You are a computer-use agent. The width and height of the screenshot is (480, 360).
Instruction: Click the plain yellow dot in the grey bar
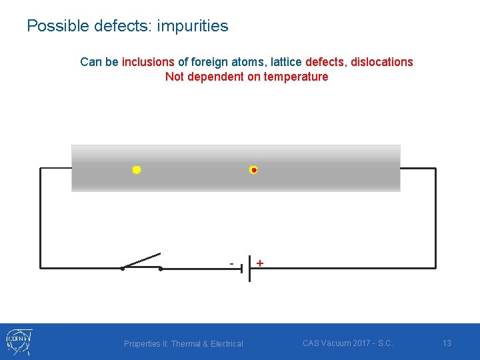pyautogui.click(x=136, y=170)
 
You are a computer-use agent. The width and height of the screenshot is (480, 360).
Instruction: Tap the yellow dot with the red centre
pyautogui.click(x=253, y=170)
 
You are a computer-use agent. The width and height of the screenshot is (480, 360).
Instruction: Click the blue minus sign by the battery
pyautogui.click(x=231, y=263)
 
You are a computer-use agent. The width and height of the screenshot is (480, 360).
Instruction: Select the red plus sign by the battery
pyautogui.click(x=259, y=263)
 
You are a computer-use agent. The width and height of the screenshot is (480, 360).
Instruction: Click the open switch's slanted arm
pyautogui.click(x=141, y=261)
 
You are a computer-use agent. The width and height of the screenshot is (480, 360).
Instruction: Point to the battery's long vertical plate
pyautogui.click(x=249, y=268)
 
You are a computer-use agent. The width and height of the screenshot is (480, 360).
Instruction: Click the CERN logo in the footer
pyautogui.click(x=19, y=341)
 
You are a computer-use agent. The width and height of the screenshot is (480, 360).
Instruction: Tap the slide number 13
pyautogui.click(x=447, y=343)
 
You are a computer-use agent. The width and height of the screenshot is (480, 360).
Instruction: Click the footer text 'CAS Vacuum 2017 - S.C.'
pyautogui.click(x=347, y=343)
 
